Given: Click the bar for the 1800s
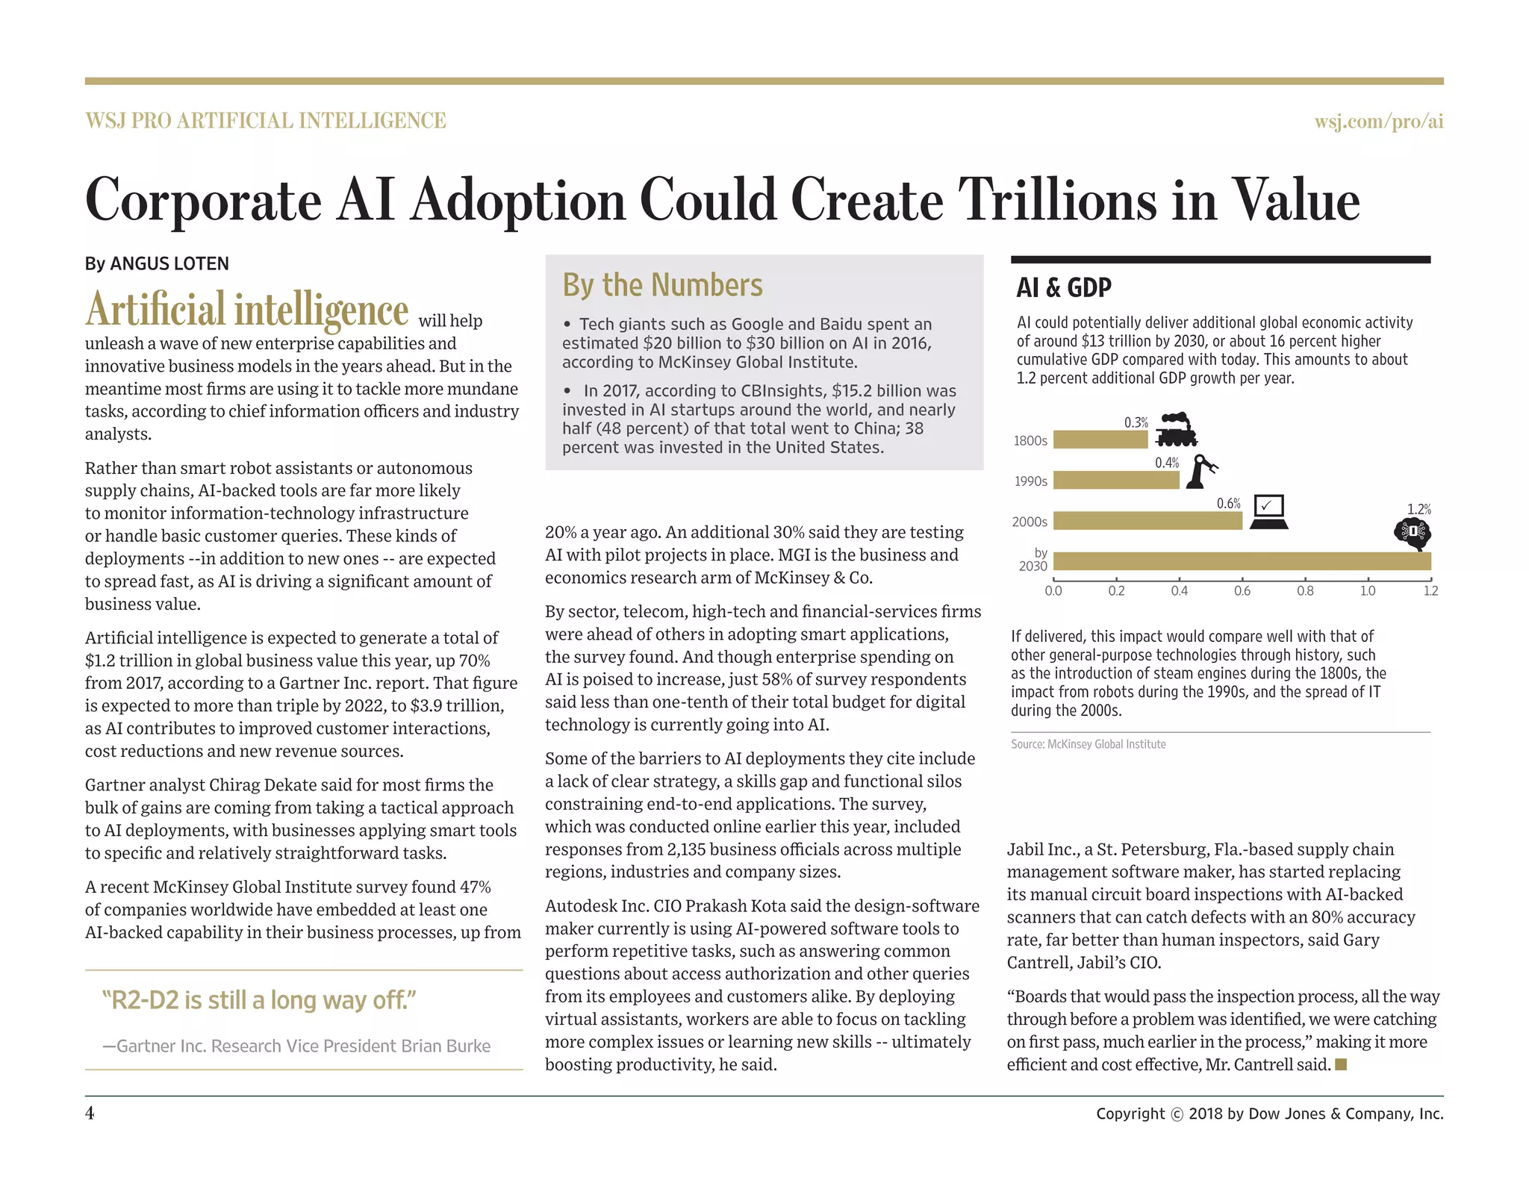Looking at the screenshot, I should tap(1100, 440).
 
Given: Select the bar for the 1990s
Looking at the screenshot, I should tap(1115, 480).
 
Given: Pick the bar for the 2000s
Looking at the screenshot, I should tap(1147, 520).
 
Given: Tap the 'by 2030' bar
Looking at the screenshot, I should tap(1242, 561).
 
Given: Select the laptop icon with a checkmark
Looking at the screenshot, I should tap(1268, 511).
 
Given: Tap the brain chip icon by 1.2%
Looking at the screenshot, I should tap(1412, 533).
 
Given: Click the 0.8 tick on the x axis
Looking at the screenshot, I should tap(1305, 591).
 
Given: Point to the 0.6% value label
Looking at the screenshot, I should tap(1228, 504).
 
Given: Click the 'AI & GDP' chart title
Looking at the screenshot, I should tap(1063, 287).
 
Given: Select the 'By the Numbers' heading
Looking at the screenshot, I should tap(662, 285).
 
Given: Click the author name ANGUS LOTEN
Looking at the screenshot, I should tap(169, 263).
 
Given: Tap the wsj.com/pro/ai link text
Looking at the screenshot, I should tap(1378, 121).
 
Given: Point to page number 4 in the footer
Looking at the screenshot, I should tap(90, 1113).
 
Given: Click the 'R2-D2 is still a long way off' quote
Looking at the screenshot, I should tap(259, 1000).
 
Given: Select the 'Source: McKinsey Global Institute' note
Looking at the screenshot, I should tap(1088, 744).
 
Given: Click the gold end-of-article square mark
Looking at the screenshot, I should tap(1340, 1064).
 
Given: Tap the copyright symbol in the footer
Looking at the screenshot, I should tap(1177, 1114).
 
